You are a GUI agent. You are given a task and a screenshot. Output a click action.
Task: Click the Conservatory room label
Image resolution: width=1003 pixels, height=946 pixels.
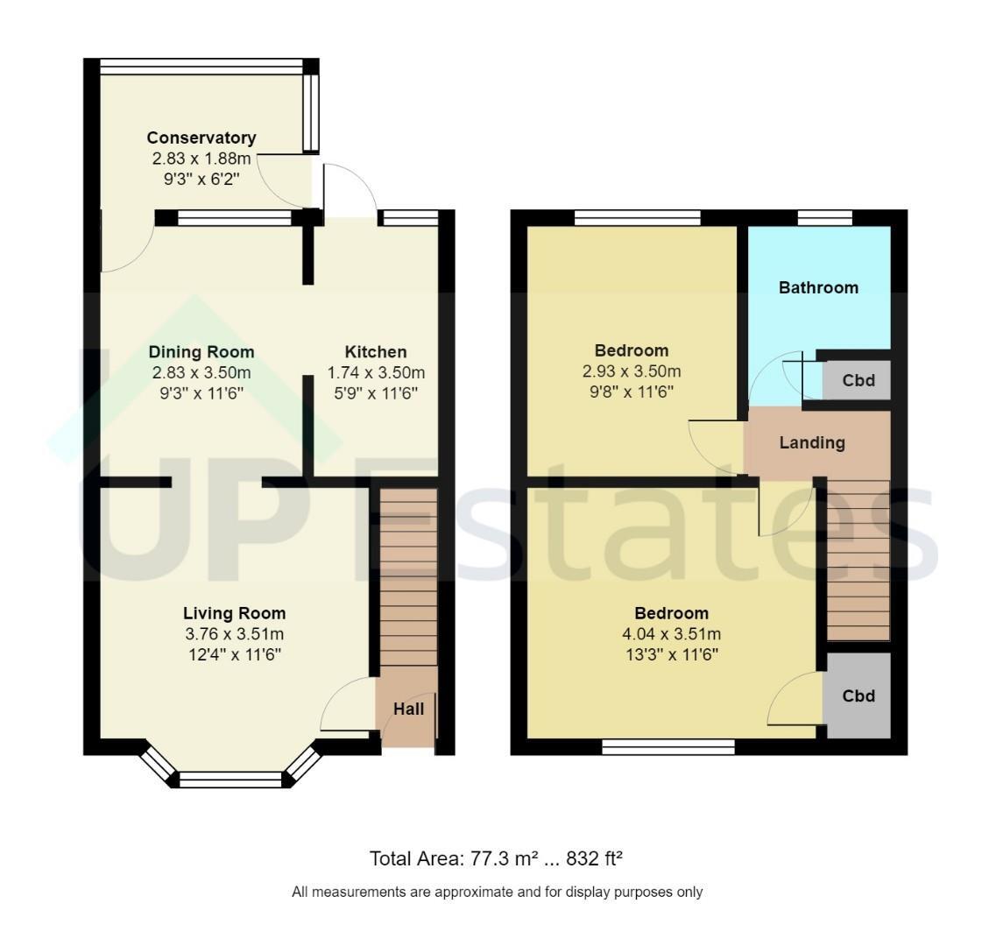tap(201, 138)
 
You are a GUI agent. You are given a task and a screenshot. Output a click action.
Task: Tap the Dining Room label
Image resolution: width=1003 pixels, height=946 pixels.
tap(201, 352)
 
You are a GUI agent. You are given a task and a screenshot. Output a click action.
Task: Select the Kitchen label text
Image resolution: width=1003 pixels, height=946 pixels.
tap(376, 352)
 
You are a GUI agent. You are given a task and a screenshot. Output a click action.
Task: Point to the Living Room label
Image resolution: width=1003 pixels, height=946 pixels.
tap(234, 613)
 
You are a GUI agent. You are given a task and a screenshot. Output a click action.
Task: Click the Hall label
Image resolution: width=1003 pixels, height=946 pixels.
tap(409, 709)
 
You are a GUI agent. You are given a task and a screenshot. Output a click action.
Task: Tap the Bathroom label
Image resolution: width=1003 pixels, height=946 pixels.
tap(819, 288)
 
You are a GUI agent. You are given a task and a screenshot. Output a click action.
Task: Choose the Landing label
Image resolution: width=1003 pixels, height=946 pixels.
tap(812, 442)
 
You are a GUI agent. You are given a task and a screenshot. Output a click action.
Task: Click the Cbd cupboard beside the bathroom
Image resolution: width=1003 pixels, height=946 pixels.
tap(857, 380)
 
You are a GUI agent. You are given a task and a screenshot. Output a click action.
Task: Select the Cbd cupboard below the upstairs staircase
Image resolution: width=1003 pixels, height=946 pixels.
tap(858, 695)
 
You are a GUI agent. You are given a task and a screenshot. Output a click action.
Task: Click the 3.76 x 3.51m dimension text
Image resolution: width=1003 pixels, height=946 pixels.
tap(234, 634)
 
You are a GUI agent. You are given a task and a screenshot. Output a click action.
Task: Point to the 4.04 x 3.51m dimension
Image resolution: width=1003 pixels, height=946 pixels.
tap(672, 634)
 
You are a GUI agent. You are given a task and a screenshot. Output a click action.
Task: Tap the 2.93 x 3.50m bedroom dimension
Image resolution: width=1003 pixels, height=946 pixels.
tap(632, 371)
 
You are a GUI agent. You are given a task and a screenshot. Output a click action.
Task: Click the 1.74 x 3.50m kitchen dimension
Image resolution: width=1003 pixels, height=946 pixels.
tap(376, 372)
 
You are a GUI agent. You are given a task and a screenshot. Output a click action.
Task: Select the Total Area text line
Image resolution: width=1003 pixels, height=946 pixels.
tap(496, 858)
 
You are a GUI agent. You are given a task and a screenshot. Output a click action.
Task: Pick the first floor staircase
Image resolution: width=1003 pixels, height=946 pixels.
tap(858, 561)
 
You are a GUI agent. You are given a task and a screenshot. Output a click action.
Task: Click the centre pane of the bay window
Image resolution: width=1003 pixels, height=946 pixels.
tap(230, 780)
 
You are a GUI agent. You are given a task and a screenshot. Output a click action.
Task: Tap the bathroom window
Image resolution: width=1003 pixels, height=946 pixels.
tap(825, 218)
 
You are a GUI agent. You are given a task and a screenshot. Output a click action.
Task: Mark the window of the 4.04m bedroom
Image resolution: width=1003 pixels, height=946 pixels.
tap(668, 746)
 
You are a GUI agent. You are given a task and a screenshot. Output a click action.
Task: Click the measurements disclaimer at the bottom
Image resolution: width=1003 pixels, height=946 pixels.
tap(497, 892)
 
